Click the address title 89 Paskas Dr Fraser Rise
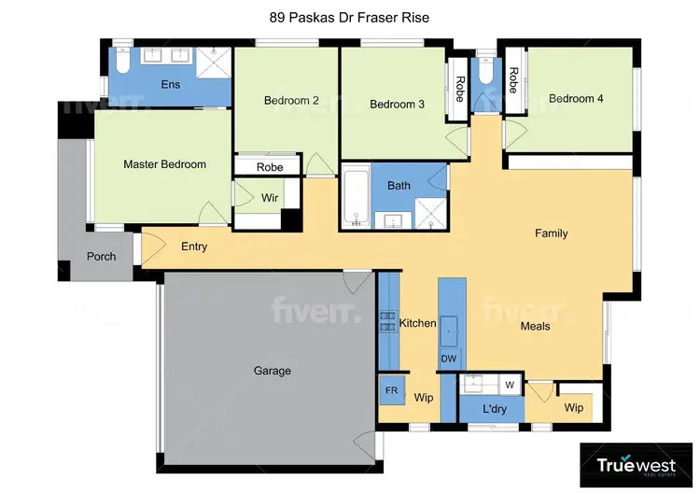pyautogui.click(x=349, y=16)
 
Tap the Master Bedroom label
pyautogui.click(x=164, y=164)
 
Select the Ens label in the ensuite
pyautogui.click(x=171, y=85)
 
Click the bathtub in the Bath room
pyautogui.click(x=356, y=197)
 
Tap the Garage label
pyautogui.click(x=273, y=371)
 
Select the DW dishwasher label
pyautogui.click(x=449, y=358)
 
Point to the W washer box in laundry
pyautogui.click(x=510, y=384)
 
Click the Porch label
pyautogui.click(x=101, y=256)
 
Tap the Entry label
pyautogui.click(x=194, y=247)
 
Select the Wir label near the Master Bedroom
pyautogui.click(x=270, y=198)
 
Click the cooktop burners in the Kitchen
pyautogui.click(x=387, y=322)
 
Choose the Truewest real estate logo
pyautogui.click(x=637, y=464)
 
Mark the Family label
pyautogui.click(x=551, y=233)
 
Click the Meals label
pyautogui.click(x=535, y=326)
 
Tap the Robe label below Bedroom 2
pyautogui.click(x=270, y=167)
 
